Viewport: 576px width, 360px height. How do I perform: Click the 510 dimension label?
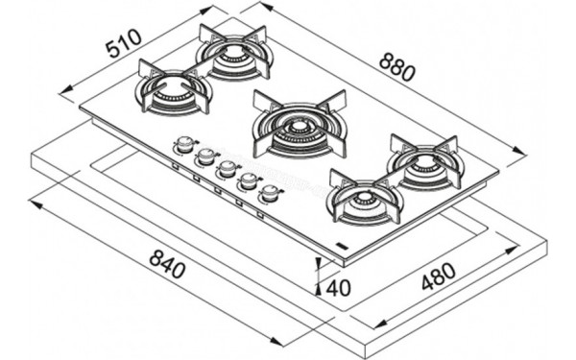pos(123,43)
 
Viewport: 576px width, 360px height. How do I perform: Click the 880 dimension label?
pos(396,66)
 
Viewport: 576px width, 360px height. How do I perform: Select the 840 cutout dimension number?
pos(167,263)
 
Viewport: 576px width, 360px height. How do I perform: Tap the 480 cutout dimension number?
pos(438,276)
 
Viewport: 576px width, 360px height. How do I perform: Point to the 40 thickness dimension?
pos(338,288)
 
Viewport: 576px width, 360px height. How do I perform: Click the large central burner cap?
pos(299,128)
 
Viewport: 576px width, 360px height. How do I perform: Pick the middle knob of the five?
pos(227,168)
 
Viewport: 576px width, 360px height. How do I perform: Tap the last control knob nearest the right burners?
pos(271,193)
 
